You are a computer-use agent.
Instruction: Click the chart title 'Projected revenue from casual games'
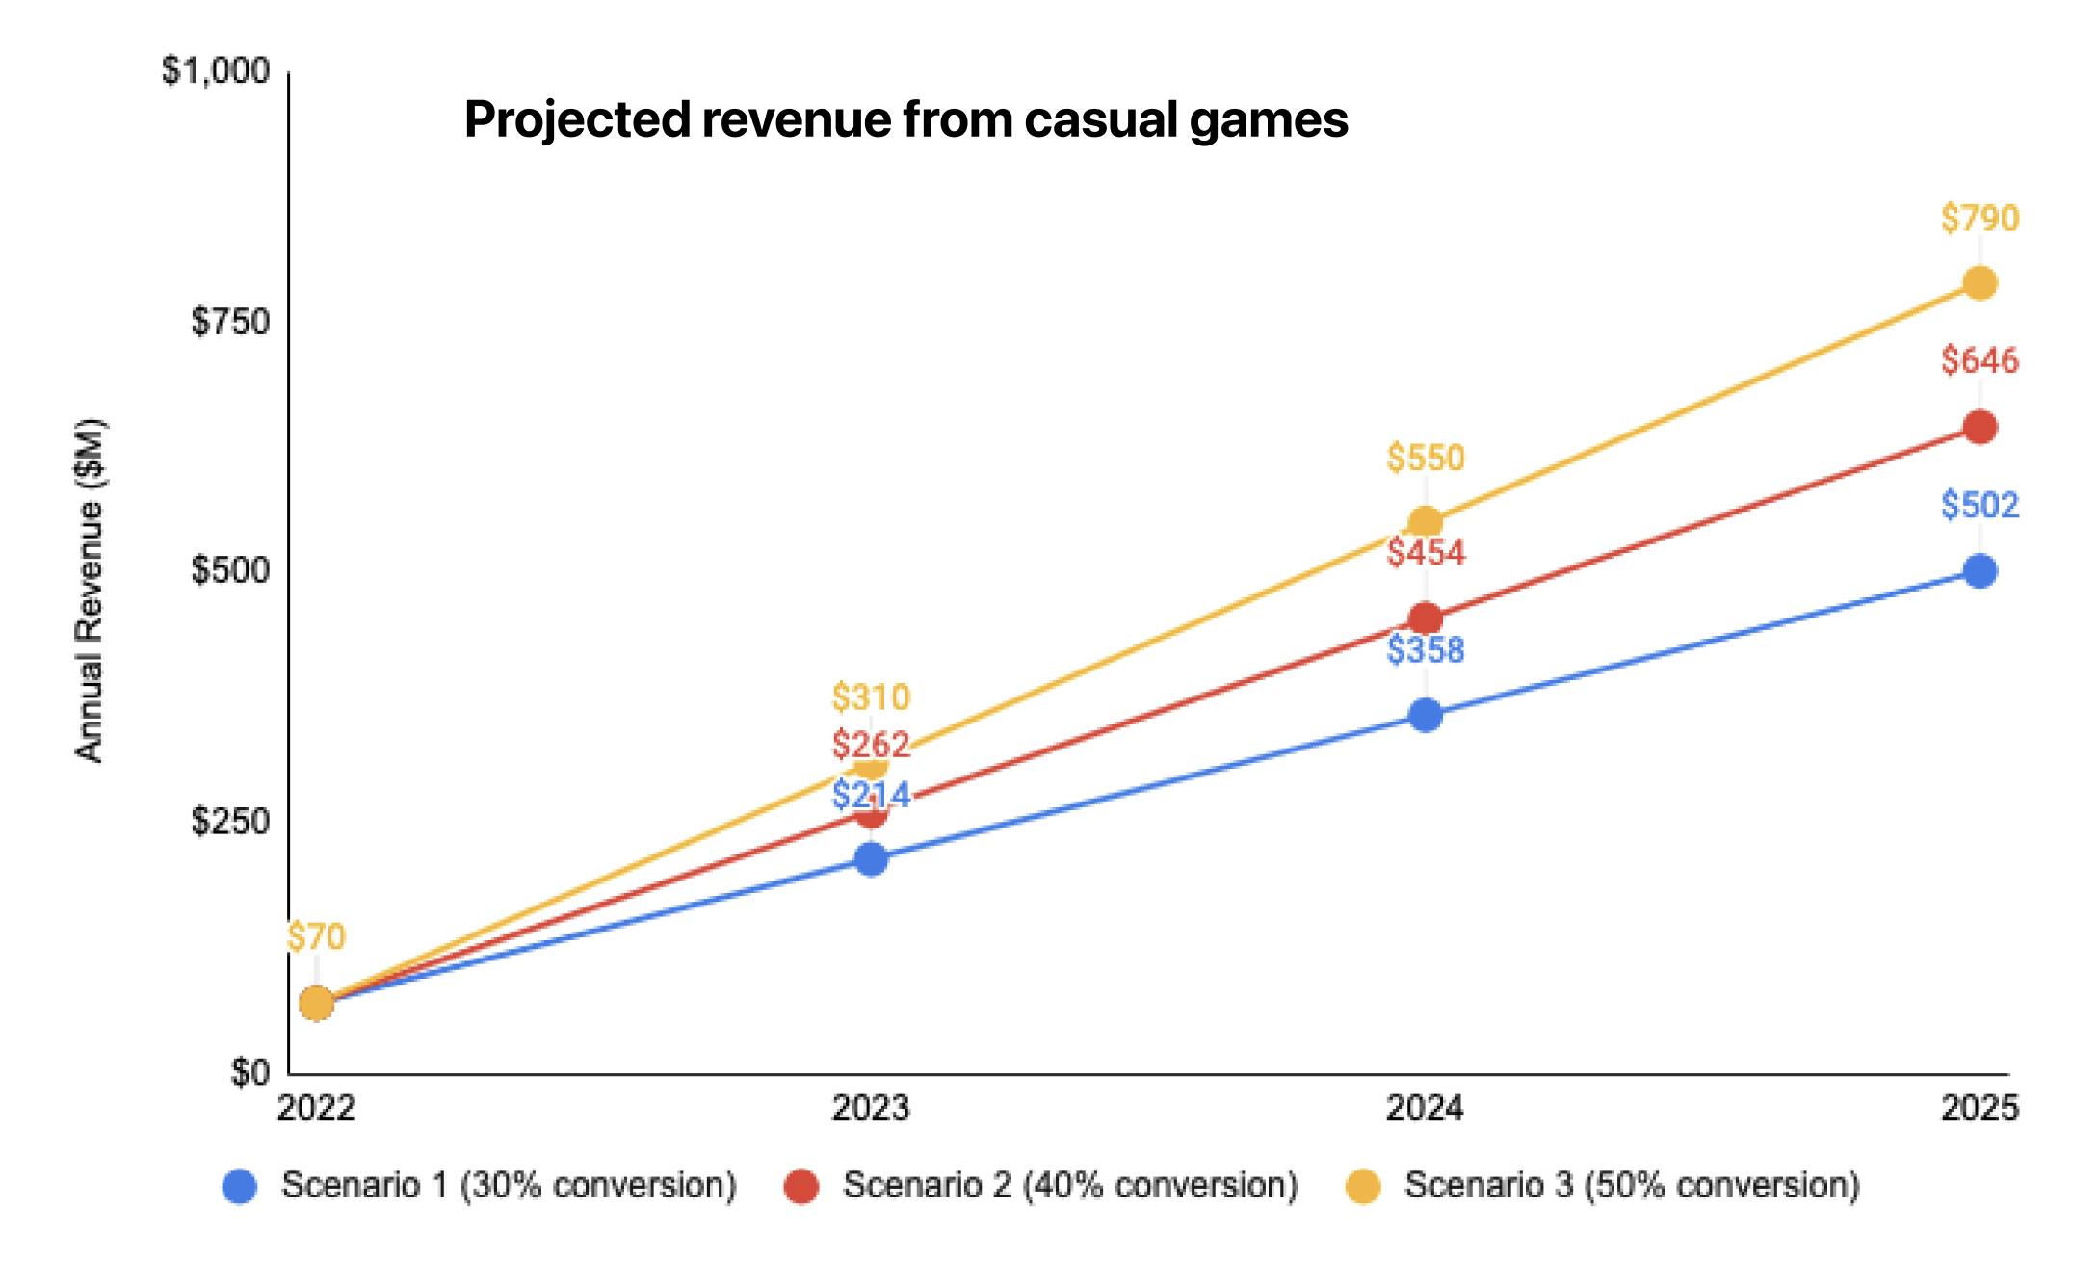point(905,120)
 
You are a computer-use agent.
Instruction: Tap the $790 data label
point(1980,219)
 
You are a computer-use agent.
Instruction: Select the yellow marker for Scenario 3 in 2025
point(1980,283)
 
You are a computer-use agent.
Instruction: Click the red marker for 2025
point(1980,427)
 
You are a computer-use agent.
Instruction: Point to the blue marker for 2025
point(1980,571)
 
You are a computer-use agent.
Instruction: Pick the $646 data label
point(1980,360)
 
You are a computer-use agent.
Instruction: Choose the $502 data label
point(1980,505)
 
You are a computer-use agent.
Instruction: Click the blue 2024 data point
point(1426,715)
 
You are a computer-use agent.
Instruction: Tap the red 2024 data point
point(1426,618)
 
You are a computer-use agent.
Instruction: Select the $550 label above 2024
point(1426,458)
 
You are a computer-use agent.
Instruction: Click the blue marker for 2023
point(871,858)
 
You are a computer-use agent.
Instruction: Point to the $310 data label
point(871,697)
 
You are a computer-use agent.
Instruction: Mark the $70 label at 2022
point(316,936)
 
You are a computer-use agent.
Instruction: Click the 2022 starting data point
point(316,1004)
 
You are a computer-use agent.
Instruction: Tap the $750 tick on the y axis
point(230,322)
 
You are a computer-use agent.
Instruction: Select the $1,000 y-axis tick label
point(216,71)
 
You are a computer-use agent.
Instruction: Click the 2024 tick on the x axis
point(1425,1109)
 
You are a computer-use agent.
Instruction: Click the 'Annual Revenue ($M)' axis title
point(90,591)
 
